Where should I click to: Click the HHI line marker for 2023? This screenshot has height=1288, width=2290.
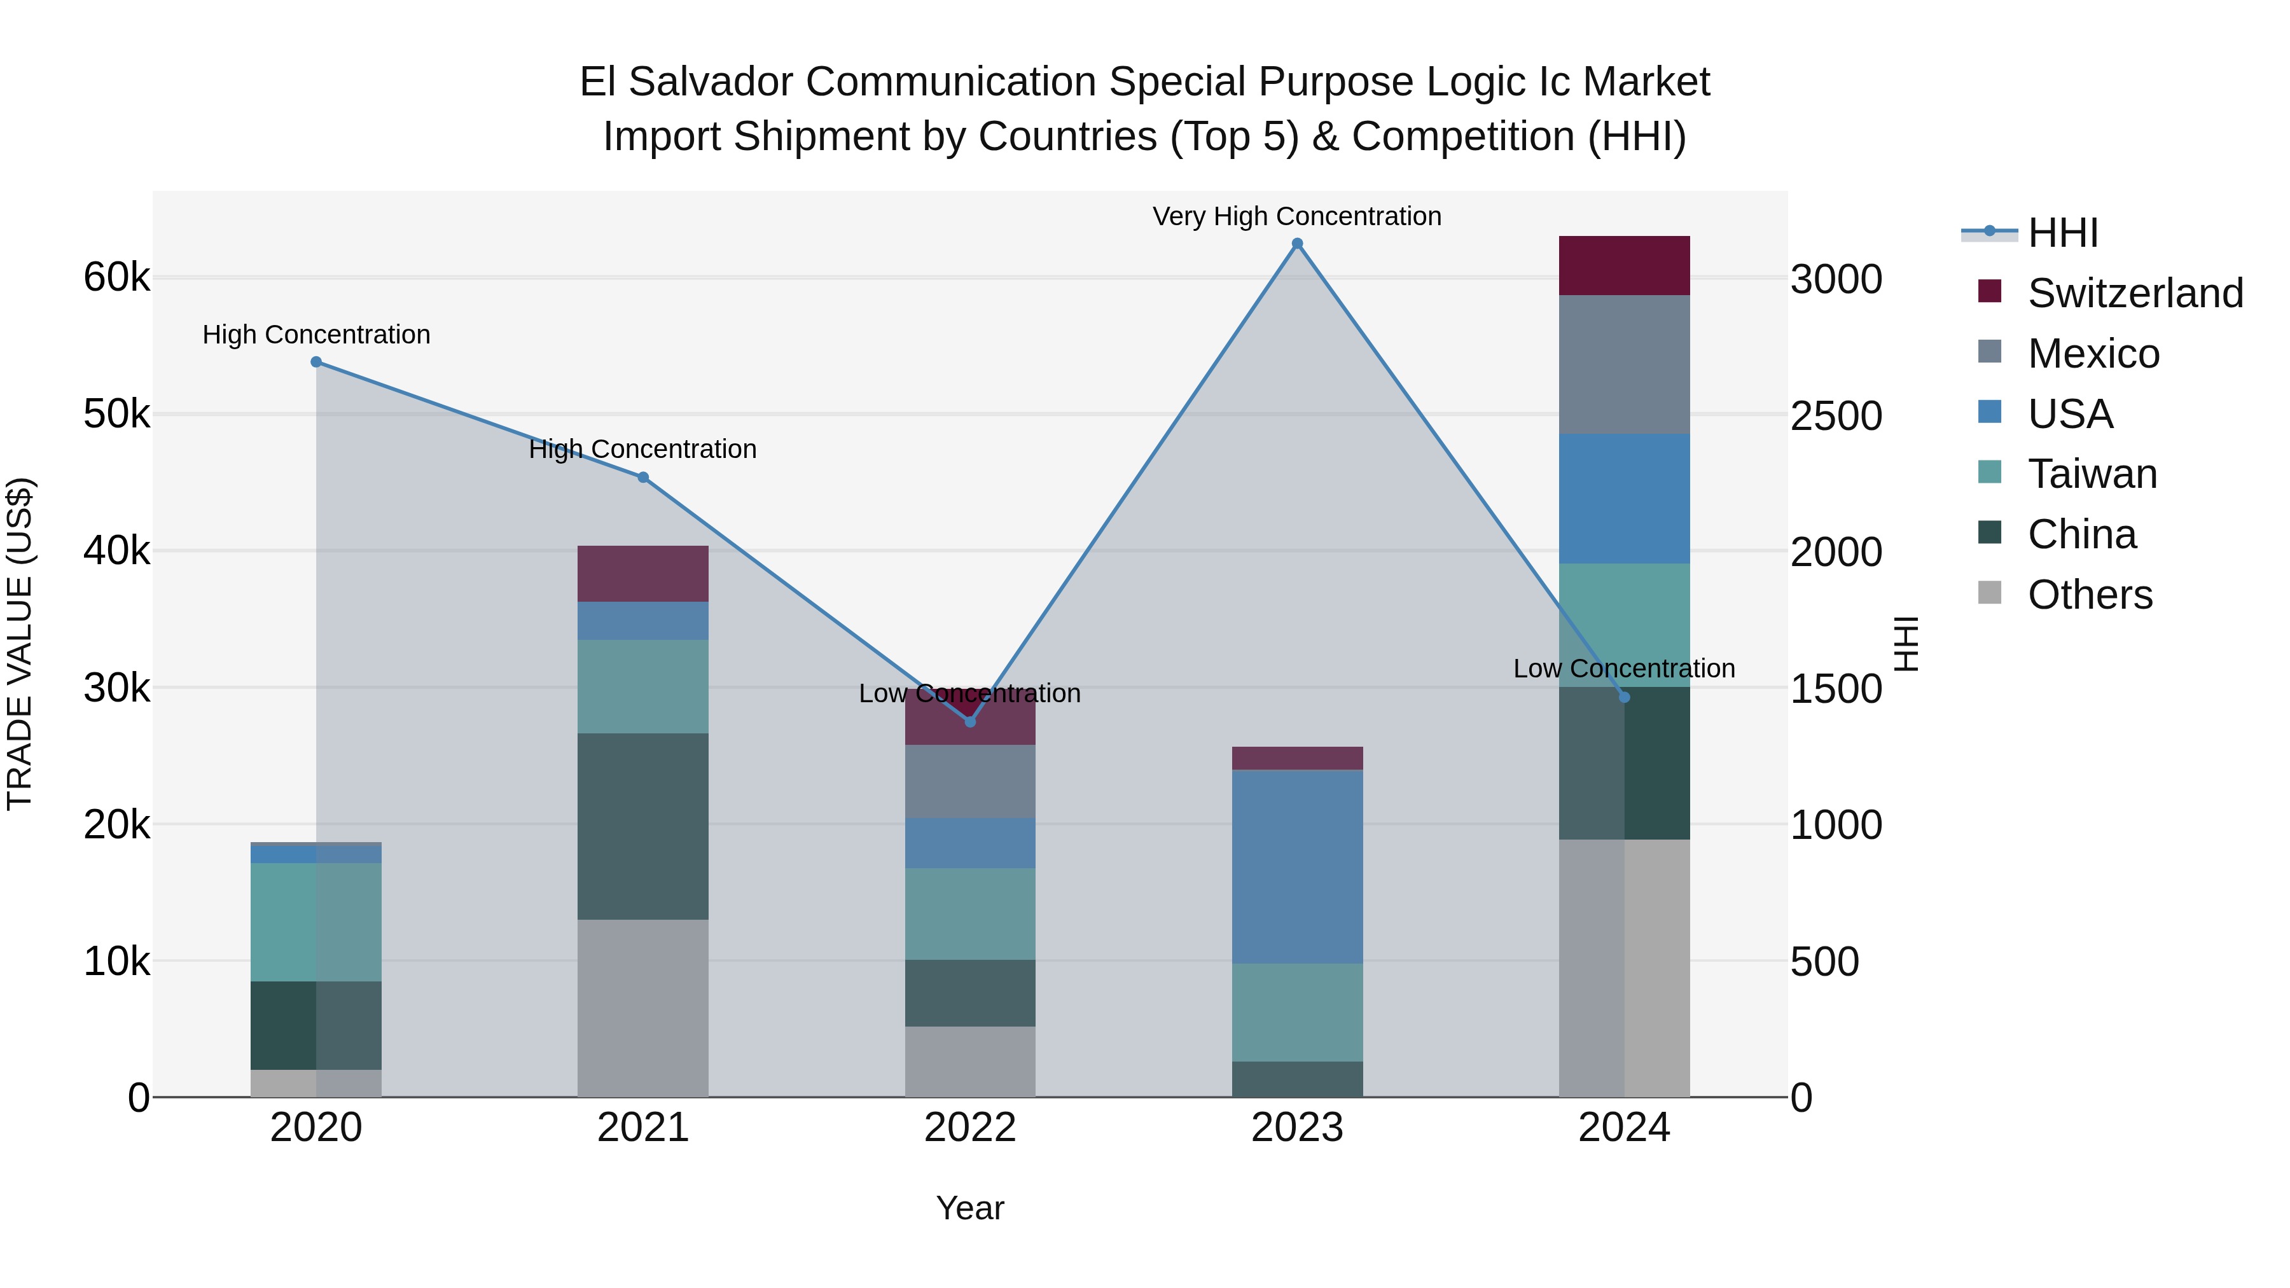click(1297, 244)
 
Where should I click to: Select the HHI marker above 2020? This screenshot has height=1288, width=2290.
click(317, 362)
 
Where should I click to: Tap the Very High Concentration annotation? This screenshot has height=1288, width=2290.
click(1296, 216)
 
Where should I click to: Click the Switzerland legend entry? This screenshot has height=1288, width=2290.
click(2134, 293)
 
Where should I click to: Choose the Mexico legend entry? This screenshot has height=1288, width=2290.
click(2093, 354)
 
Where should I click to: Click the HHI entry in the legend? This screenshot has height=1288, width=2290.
click(2062, 233)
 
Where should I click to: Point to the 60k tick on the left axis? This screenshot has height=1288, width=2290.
click(116, 277)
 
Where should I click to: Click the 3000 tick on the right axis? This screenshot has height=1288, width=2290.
click(1836, 279)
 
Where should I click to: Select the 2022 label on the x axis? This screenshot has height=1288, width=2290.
click(970, 1128)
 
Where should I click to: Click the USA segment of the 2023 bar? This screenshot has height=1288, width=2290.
click(1297, 867)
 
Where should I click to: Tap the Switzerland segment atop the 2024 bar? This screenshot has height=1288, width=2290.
click(1624, 265)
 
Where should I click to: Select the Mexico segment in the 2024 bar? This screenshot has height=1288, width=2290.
click(1624, 364)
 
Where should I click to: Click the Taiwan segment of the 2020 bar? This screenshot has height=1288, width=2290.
click(317, 922)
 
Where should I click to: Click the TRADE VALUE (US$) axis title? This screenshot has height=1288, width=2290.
click(20, 644)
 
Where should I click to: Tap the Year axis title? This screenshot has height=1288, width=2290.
click(970, 1208)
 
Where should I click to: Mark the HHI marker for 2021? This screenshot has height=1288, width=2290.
click(642, 477)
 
